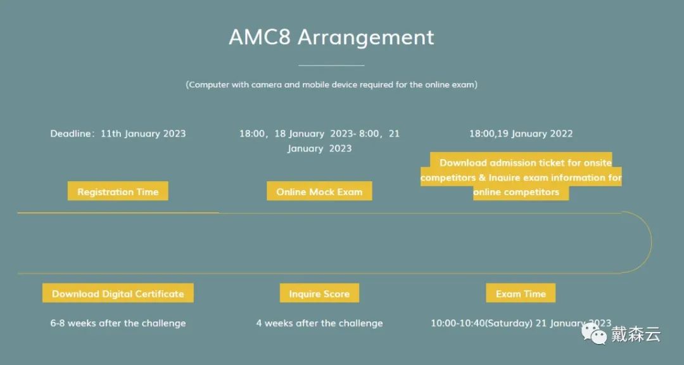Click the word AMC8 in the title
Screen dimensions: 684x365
click(260, 37)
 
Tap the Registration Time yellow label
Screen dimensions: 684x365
click(118, 191)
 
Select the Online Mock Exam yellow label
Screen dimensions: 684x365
click(319, 191)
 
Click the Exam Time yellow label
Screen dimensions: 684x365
click(521, 293)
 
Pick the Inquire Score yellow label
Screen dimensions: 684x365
click(319, 293)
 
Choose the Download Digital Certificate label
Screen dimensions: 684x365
click(118, 293)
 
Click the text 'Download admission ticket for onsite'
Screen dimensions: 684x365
click(525, 162)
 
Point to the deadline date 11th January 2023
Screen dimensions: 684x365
click(143, 134)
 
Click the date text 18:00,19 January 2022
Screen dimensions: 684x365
click(521, 134)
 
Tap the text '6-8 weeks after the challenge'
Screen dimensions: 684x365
click(118, 323)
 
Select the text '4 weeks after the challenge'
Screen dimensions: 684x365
click(319, 323)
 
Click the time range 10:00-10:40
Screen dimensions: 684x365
click(457, 323)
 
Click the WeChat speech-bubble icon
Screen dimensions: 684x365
click(593, 333)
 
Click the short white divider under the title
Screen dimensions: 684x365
click(331, 65)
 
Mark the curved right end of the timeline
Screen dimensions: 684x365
click(651, 243)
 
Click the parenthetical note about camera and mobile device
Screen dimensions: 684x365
click(331, 84)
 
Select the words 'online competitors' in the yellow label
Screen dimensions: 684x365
click(516, 191)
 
